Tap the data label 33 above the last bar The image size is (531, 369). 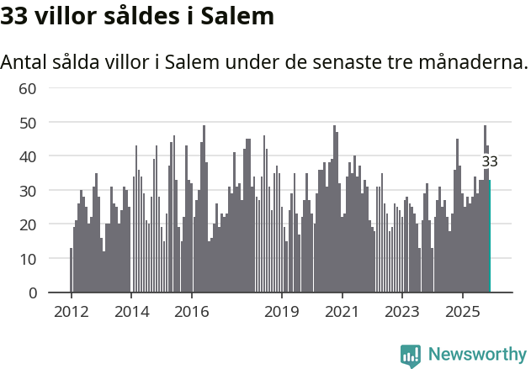click(x=490, y=161)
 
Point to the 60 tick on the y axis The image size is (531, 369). click(x=27, y=88)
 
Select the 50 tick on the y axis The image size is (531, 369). click(x=27, y=123)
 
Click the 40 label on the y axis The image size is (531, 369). click(x=27, y=156)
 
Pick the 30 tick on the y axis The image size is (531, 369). click(x=27, y=191)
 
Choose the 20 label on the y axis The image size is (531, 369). click(x=27, y=225)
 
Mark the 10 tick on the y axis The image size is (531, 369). click(x=27, y=259)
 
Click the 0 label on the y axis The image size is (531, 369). click(x=32, y=293)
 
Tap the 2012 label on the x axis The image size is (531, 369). click(x=71, y=311)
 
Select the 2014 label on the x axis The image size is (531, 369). click(x=131, y=311)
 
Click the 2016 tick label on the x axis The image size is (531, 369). click(x=191, y=311)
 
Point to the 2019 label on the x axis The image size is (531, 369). click(x=282, y=311)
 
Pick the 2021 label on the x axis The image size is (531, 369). click(x=342, y=311)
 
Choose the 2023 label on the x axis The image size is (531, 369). click(x=402, y=311)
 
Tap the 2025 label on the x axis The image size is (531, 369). click(x=463, y=311)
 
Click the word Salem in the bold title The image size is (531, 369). click(x=238, y=16)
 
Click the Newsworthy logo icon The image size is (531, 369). click(x=411, y=355)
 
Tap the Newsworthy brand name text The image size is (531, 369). click(x=477, y=355)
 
